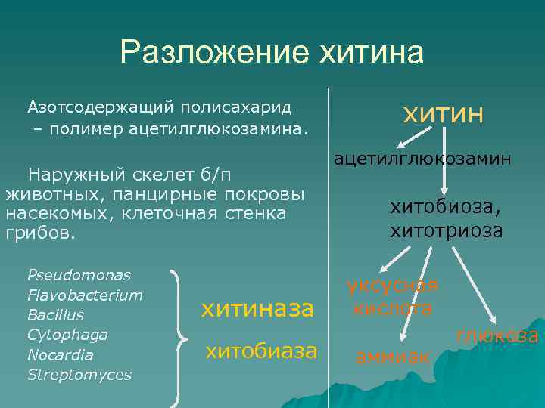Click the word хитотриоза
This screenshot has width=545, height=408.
[447, 230]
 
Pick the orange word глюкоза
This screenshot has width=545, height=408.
[497, 336]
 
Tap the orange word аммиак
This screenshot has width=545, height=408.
[393, 356]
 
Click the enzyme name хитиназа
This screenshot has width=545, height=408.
[257, 308]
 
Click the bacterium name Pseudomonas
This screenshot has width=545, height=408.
[79, 274]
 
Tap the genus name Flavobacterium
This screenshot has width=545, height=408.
[85, 295]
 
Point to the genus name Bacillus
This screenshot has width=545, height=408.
[55, 314]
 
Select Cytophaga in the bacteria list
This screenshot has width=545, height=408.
[67, 334]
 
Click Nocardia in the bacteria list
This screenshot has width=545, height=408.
[60, 354]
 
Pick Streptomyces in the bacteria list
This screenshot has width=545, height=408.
[79, 374]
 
